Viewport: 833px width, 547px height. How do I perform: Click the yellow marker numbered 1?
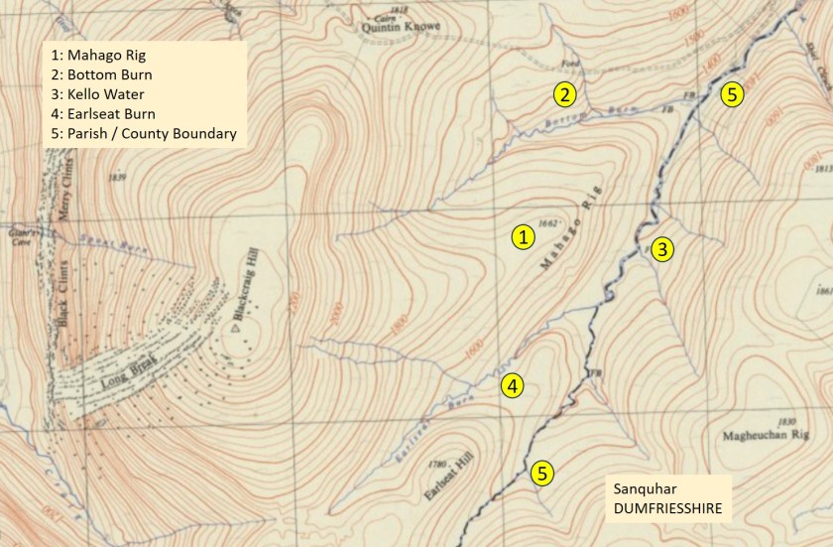click(524, 236)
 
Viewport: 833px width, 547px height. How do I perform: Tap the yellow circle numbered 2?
click(563, 95)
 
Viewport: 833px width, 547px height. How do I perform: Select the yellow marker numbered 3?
click(662, 249)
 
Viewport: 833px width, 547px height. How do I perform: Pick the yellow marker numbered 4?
click(512, 386)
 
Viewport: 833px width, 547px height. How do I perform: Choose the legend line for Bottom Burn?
click(108, 75)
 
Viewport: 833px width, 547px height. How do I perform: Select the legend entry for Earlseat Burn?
click(108, 114)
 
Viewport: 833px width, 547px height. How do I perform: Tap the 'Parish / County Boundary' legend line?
click(144, 134)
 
